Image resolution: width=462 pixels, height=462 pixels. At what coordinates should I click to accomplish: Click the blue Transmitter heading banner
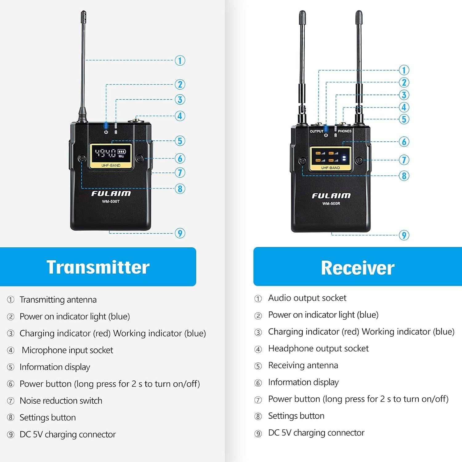98,267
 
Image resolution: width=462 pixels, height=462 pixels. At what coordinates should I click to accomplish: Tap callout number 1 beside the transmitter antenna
180,60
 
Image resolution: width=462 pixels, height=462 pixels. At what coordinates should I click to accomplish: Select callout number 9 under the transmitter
180,233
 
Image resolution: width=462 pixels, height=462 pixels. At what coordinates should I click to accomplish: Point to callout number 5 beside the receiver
404,119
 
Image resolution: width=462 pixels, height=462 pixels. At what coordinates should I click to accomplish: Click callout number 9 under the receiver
404,235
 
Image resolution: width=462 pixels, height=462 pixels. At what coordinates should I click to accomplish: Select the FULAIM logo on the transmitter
111,194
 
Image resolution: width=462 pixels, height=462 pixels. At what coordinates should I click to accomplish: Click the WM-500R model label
331,204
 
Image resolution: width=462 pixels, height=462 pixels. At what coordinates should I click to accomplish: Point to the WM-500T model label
111,202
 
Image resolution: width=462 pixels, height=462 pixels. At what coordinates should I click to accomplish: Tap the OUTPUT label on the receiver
316,131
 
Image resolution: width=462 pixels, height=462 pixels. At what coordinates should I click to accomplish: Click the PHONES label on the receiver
345,131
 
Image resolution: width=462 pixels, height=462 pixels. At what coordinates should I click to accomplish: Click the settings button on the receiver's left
302,161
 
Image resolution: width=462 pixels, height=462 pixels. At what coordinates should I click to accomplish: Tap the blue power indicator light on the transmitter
106,125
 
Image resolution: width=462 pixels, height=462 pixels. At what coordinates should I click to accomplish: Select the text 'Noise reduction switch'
61,401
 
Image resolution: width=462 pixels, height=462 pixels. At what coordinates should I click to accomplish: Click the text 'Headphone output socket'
318,348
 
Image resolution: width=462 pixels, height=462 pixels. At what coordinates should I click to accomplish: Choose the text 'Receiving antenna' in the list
303,365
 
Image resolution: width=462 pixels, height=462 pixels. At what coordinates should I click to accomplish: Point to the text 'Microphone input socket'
67,350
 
